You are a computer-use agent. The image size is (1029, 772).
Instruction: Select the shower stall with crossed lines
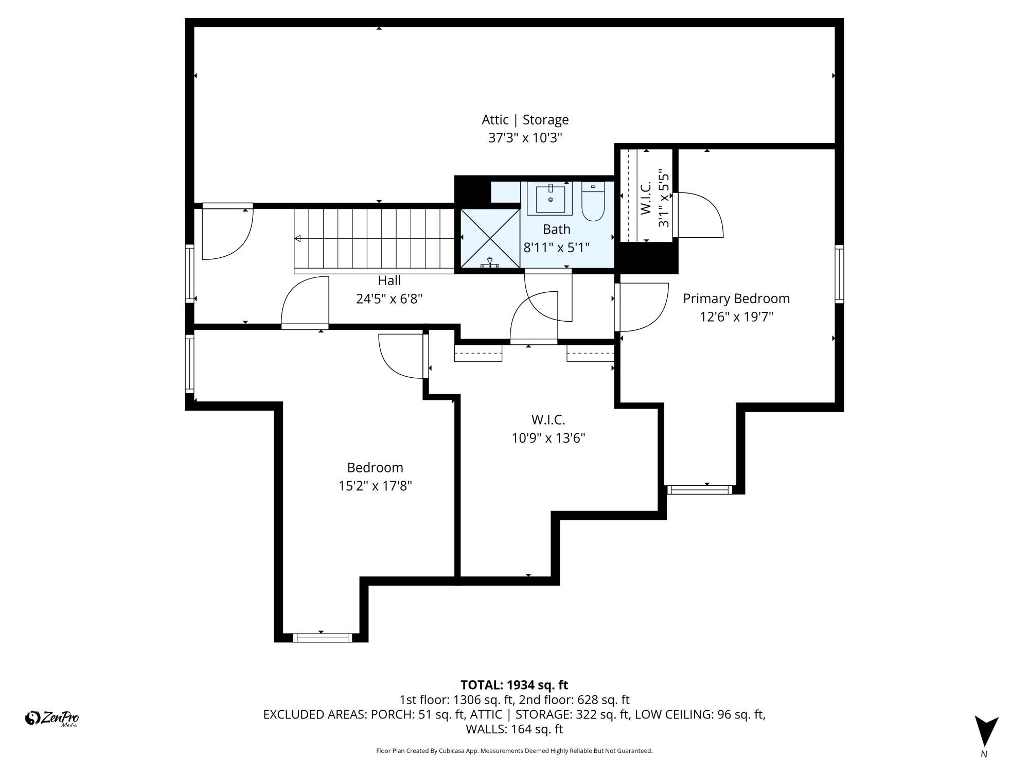pos(490,238)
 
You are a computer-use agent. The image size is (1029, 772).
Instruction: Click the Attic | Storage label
pos(525,120)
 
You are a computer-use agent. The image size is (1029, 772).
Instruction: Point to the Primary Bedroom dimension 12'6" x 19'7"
pos(736,317)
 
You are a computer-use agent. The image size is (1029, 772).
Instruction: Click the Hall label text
pos(389,280)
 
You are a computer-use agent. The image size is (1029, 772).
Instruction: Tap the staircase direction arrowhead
pos(297,239)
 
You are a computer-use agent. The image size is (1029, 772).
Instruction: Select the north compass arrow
pos(986,731)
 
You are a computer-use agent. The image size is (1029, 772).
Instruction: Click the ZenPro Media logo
pos(52,718)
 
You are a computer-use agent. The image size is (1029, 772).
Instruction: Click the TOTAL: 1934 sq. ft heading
pos(514,685)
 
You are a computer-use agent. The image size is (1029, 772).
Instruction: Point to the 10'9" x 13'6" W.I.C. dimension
pos(548,438)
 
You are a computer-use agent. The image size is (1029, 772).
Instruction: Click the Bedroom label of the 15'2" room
pos(375,467)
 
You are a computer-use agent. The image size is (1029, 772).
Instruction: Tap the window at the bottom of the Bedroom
pos(323,638)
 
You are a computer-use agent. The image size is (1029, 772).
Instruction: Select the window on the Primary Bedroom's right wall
pos(839,274)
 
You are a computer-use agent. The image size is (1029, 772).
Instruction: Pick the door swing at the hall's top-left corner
pos(226,233)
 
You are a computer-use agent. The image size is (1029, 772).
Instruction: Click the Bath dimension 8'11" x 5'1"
pos(556,248)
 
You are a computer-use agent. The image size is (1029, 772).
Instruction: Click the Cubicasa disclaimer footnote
pos(514,751)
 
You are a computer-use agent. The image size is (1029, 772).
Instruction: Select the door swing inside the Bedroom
pos(401,356)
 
